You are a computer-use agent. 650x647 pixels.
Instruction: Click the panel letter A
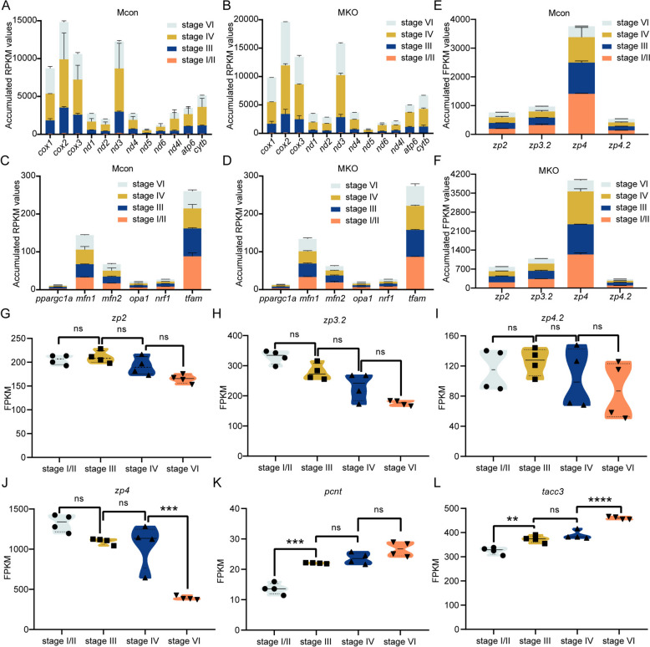[8, 8]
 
